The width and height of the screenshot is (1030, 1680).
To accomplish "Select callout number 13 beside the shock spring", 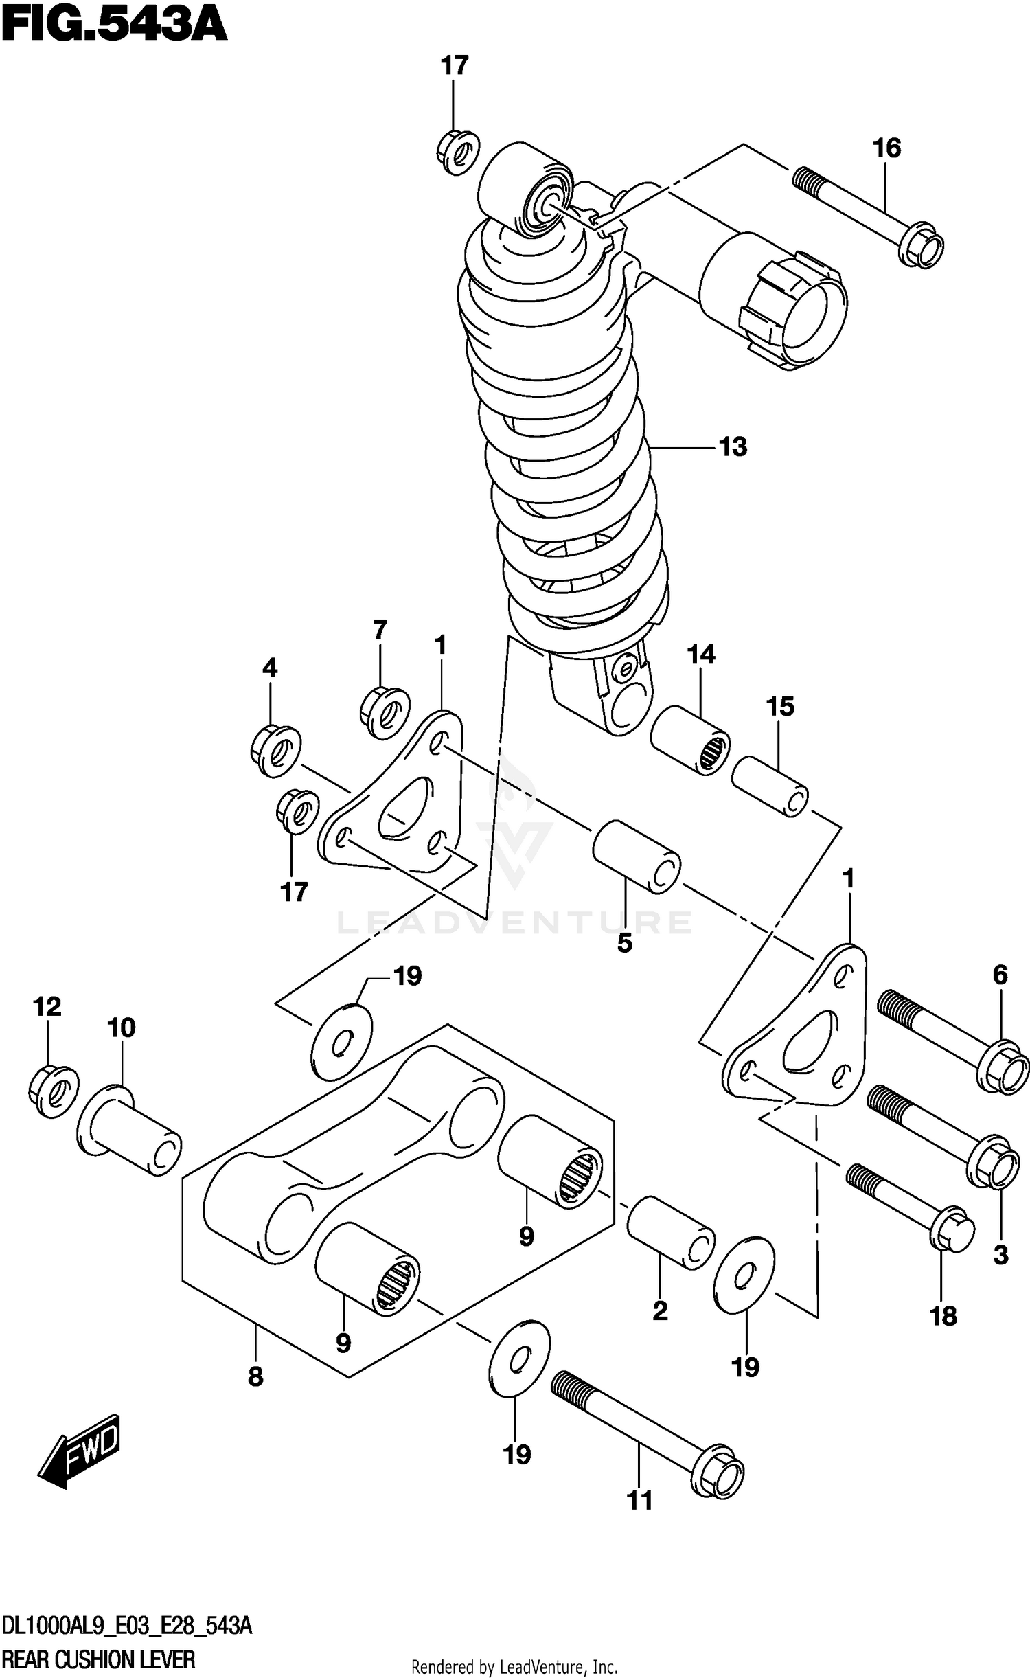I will pyautogui.click(x=733, y=447).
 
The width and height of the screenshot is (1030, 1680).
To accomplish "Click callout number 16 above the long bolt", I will pyautogui.click(x=886, y=148).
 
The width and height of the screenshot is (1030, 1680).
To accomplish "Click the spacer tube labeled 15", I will pyautogui.click(x=770, y=786).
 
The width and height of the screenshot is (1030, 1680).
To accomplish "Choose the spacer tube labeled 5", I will pyautogui.click(x=637, y=856).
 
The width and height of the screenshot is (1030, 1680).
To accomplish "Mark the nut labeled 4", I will pyautogui.click(x=275, y=751).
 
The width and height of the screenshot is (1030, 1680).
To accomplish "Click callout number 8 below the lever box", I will pyautogui.click(x=255, y=1376).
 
